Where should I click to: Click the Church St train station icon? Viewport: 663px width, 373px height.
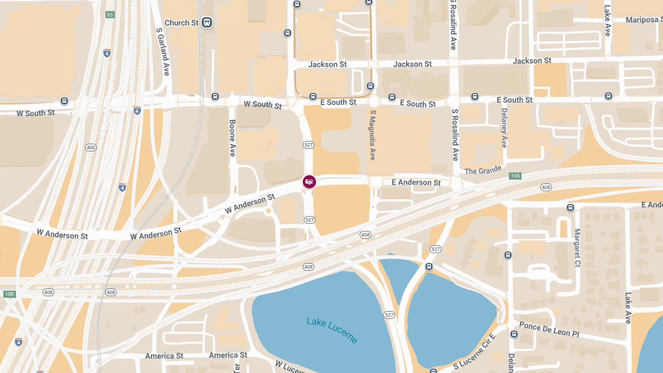[207, 23]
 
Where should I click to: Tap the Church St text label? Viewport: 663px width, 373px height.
[181, 23]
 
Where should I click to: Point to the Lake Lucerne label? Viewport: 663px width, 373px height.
[332, 329]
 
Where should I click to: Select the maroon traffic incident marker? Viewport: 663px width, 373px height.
[309, 181]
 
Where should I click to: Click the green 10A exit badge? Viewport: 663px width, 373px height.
[515, 176]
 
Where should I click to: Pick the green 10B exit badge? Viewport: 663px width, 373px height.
[9, 294]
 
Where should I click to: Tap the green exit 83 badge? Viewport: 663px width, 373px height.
[110, 14]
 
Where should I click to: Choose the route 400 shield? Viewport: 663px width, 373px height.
[91, 148]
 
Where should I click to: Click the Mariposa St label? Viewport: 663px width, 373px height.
[644, 20]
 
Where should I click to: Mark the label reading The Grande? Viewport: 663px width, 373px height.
[483, 170]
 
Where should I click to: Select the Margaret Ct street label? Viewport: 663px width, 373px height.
[577, 248]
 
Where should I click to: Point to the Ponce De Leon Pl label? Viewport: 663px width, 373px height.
[549, 330]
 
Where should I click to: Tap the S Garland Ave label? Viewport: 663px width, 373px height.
[163, 52]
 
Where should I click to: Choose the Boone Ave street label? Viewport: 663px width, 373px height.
[233, 138]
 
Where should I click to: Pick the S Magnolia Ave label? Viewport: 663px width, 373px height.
[373, 135]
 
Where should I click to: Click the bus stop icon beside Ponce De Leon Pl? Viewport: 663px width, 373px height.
[514, 334]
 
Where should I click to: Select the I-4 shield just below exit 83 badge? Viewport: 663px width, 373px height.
[107, 53]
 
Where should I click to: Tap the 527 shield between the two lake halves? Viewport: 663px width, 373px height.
[390, 314]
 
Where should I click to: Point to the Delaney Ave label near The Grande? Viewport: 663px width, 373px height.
[504, 128]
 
